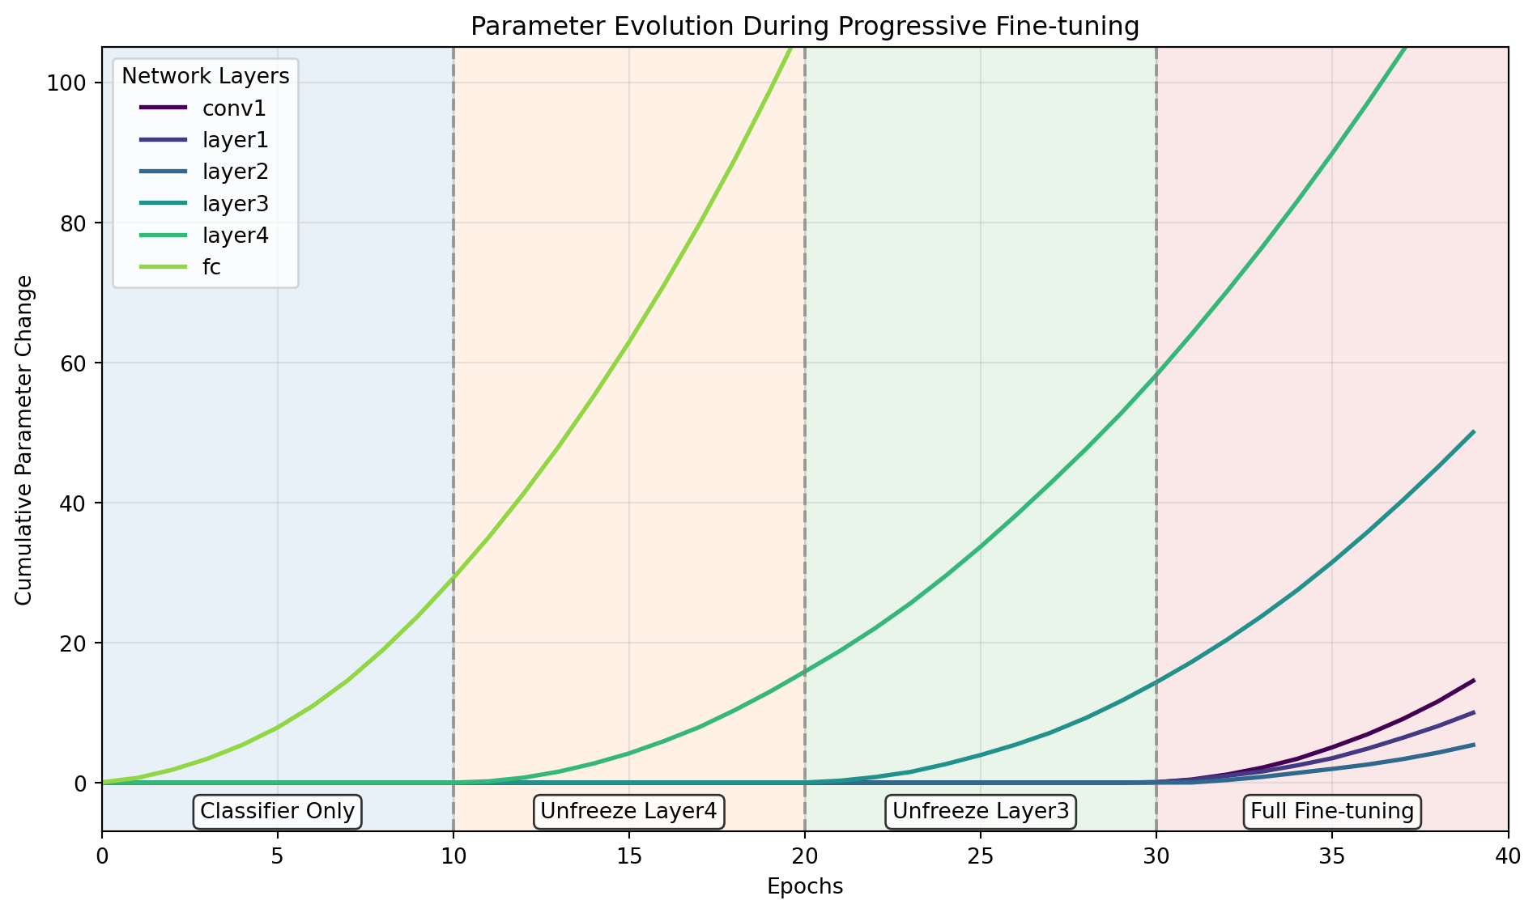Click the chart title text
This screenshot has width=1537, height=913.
pos(804,27)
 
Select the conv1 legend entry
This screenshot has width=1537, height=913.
pos(234,108)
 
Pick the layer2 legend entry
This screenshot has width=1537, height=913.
pos(235,172)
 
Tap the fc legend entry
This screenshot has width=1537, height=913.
pos(211,268)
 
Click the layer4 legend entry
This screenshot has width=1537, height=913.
pos(235,236)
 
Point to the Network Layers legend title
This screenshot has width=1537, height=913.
pos(205,76)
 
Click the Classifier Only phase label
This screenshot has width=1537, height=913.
pos(278,811)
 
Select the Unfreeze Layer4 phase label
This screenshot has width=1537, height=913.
pos(629,811)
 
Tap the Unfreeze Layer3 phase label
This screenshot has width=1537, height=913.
pos(980,811)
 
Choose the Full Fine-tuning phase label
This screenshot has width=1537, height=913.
pos(1332,811)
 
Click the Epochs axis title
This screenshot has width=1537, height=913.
pos(805,887)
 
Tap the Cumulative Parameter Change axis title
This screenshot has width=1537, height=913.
pos(24,440)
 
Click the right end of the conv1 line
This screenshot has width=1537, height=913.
pos(1473,681)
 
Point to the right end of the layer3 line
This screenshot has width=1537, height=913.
pos(1473,432)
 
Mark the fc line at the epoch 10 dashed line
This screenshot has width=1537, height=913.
pos(453,576)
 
